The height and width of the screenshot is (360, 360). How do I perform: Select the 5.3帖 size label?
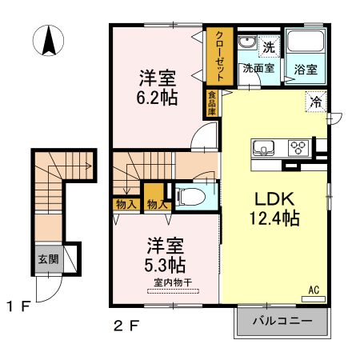(166, 264)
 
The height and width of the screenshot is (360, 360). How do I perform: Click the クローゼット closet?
(218, 56)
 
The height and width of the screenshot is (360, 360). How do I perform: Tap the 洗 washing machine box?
(270, 47)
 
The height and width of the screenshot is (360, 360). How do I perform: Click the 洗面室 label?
(259, 69)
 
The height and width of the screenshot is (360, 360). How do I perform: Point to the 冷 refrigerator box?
(317, 102)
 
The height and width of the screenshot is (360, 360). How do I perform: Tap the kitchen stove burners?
(299, 147)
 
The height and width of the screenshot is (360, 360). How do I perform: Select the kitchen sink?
(264, 148)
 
